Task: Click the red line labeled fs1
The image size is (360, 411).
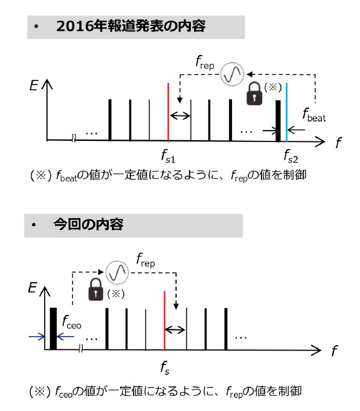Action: (x=168, y=112)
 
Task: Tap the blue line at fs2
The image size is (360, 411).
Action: (x=287, y=112)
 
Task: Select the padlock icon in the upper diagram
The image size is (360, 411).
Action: (x=254, y=94)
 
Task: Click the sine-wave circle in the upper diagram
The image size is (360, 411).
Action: (x=232, y=74)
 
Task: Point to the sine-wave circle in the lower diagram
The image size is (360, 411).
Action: (x=117, y=273)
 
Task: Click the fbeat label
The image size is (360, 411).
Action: (x=314, y=115)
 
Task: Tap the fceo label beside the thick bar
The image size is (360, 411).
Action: (x=72, y=322)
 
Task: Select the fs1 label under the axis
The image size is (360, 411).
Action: (x=168, y=156)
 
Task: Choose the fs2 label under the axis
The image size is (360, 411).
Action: (x=291, y=156)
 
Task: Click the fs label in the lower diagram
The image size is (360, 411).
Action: (x=165, y=367)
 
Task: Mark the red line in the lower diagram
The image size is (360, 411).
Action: (x=164, y=320)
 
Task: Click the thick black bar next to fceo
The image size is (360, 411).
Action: (x=53, y=329)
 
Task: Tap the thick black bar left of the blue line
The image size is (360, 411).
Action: (x=278, y=121)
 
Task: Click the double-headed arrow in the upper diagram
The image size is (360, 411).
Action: (x=180, y=115)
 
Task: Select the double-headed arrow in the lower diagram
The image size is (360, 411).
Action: (x=175, y=330)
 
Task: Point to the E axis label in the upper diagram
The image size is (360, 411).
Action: (x=34, y=85)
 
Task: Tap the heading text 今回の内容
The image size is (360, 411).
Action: (x=88, y=225)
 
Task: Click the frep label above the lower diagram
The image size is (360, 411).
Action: (x=146, y=260)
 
